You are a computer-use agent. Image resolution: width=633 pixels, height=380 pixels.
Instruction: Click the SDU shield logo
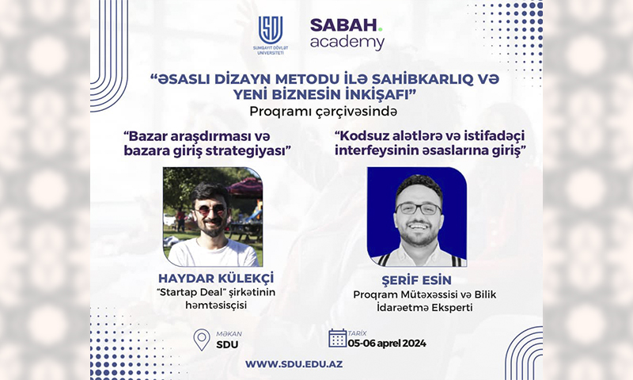pyautogui.click(x=271, y=30)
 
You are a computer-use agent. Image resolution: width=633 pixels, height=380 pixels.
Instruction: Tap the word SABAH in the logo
pyautogui.click(x=343, y=26)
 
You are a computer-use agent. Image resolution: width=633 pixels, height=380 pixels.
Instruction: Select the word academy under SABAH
pyautogui.click(x=347, y=43)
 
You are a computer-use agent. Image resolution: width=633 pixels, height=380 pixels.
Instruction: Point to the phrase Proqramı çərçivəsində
pyautogui.click(x=323, y=111)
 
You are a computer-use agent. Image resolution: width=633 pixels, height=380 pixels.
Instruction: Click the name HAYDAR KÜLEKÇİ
pyautogui.click(x=216, y=278)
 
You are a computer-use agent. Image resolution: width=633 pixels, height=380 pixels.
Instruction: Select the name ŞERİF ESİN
pyautogui.click(x=417, y=280)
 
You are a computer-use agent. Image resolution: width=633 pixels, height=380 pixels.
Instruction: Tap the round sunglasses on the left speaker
pyautogui.click(x=210, y=211)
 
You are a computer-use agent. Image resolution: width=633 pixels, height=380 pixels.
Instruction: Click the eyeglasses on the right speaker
pyautogui.click(x=419, y=208)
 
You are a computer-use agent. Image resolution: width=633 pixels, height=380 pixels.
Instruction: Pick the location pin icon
pyautogui.click(x=202, y=339)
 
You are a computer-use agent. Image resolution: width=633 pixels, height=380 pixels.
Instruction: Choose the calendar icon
pyautogui.click(x=338, y=338)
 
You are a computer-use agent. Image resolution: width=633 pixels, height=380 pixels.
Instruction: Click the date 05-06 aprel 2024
pyautogui.click(x=387, y=344)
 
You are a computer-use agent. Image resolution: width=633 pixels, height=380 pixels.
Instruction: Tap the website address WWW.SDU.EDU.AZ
pyautogui.click(x=294, y=364)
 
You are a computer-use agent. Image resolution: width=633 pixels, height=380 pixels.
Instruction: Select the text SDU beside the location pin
pyautogui.click(x=227, y=345)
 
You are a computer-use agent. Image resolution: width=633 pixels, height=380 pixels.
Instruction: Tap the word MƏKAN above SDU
pyautogui.click(x=229, y=334)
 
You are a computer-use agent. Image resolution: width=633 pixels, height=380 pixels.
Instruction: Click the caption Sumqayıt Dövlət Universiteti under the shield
pyautogui.click(x=271, y=50)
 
